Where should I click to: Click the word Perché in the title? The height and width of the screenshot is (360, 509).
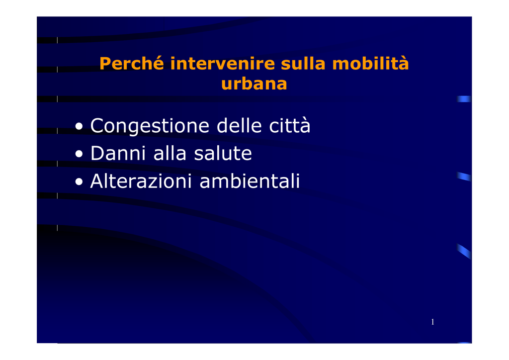(x=131, y=63)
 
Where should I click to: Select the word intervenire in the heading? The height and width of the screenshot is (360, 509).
(x=222, y=63)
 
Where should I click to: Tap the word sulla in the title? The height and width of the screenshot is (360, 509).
(x=303, y=63)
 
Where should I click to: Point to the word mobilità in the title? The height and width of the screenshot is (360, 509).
(x=370, y=63)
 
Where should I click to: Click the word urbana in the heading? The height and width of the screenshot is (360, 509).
(x=254, y=84)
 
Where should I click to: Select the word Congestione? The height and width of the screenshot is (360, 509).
(x=150, y=126)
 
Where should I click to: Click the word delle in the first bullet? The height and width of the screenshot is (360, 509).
(x=239, y=125)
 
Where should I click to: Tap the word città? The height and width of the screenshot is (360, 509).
(x=290, y=125)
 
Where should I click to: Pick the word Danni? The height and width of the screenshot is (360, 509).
(x=118, y=153)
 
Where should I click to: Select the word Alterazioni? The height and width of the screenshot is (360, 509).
(x=141, y=181)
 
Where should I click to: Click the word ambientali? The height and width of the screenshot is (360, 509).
(x=250, y=181)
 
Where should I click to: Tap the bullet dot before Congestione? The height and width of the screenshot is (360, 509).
(x=79, y=126)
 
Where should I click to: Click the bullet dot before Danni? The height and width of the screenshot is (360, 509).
(x=79, y=154)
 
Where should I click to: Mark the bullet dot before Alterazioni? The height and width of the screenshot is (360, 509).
(x=79, y=182)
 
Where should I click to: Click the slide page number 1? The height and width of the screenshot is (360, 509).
(x=432, y=322)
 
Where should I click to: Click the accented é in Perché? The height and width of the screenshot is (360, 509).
(x=158, y=63)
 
